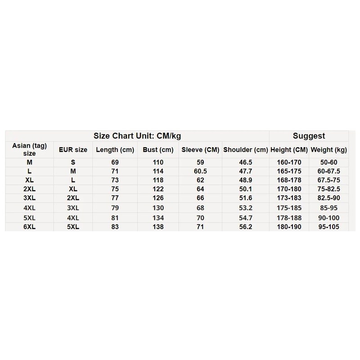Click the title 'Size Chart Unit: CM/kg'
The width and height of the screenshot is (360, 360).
pos(137,136)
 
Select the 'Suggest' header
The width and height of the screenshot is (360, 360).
pos(309,136)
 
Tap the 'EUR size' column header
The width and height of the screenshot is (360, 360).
pos(73,150)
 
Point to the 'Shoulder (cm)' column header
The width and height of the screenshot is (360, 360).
pos(245,150)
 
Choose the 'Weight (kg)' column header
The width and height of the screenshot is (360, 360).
pos(329,150)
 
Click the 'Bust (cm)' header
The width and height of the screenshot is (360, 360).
pos(157,150)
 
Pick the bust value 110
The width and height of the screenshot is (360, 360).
pos(158,162)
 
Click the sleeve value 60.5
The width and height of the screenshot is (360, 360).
pos(200,171)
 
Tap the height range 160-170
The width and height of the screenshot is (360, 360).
pos(289,162)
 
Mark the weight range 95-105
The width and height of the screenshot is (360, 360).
pos(329,227)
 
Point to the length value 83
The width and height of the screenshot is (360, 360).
pos(115,227)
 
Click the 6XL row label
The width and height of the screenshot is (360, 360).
pos(29,227)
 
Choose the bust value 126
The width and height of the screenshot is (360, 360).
pos(158,198)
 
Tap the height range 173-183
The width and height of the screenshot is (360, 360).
pos(289,198)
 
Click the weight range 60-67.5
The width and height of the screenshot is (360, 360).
pos(329,171)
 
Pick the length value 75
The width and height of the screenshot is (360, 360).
pos(115,189)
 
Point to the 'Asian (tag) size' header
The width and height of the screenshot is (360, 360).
pos(29,149)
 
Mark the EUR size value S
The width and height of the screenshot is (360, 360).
pos(73,162)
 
